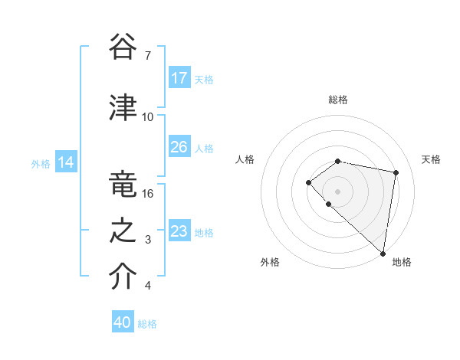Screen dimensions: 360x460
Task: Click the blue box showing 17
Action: click(179, 78)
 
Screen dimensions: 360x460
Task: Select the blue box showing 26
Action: click(179, 147)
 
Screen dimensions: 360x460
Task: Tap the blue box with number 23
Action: click(179, 231)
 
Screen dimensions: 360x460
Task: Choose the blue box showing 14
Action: click(66, 162)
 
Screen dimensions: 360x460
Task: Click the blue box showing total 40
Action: click(123, 322)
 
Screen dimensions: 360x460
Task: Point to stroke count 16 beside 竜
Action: click(148, 194)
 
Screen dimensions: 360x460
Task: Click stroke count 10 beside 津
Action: click(148, 117)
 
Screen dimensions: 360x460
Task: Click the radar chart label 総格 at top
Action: click(338, 100)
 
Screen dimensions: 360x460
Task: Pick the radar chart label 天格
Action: click(432, 159)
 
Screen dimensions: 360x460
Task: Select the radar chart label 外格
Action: click(270, 262)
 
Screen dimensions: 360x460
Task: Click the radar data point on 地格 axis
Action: click(383, 253)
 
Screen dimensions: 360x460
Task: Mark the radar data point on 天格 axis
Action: click(396, 172)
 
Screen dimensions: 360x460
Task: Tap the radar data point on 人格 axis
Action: click(308, 182)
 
